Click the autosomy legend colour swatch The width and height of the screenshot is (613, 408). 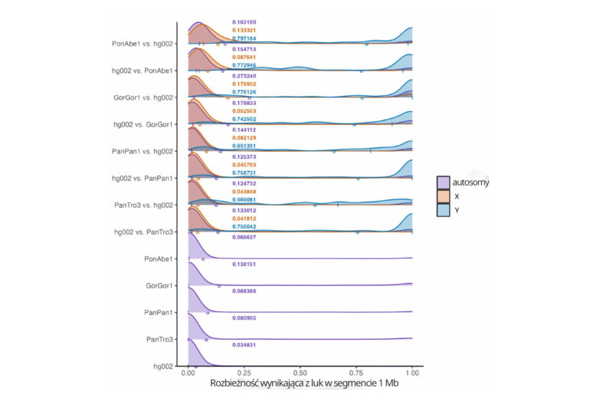point(443,182)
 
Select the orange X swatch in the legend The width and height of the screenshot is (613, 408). point(443,196)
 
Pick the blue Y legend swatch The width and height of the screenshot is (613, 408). point(443,210)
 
